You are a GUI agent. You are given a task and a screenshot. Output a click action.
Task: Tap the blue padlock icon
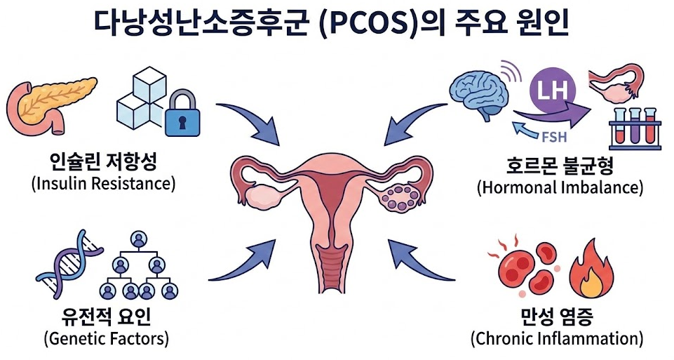[x=182, y=114]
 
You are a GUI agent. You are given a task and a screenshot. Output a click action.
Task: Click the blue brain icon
[x=480, y=91]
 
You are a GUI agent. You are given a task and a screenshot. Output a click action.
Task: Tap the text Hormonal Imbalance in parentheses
[x=559, y=187]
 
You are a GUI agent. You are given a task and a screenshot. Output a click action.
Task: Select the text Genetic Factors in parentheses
[x=105, y=338]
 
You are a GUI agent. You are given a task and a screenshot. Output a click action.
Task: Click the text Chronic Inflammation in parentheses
[x=557, y=338]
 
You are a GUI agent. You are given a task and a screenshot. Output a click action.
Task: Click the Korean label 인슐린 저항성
[x=102, y=164]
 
